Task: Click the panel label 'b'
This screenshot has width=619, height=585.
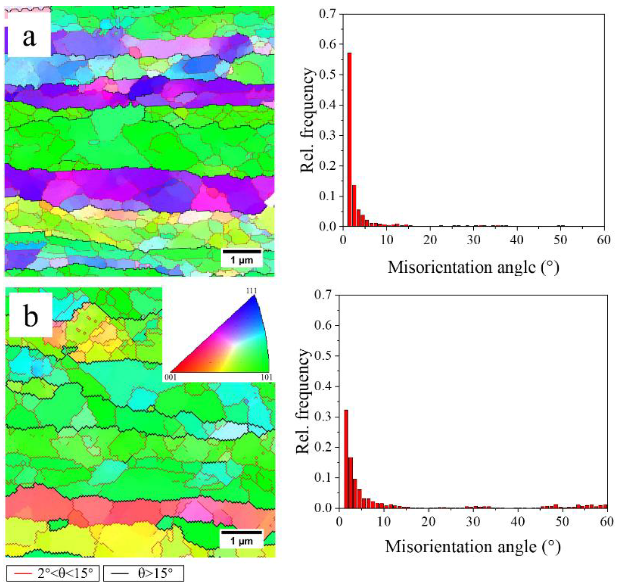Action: [30, 315]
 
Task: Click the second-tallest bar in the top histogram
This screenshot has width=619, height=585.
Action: [354, 206]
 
